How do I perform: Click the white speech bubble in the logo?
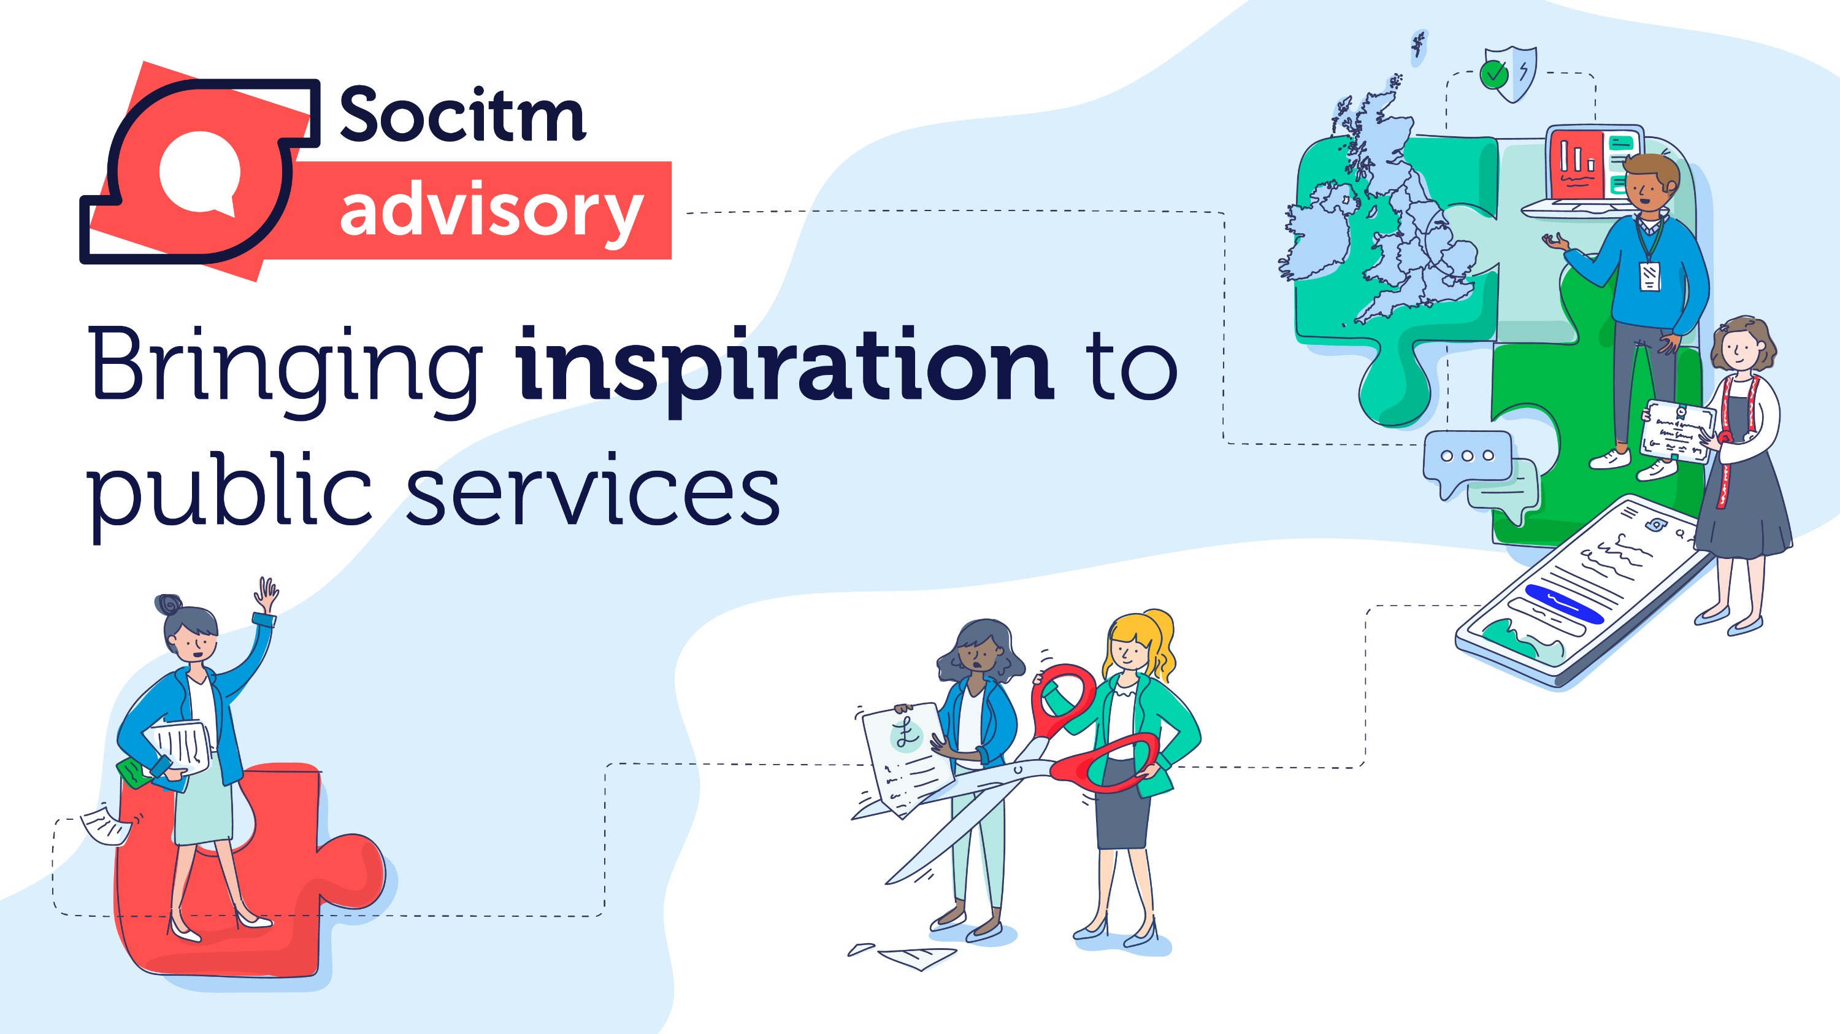point(199,172)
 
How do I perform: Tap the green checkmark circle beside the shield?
point(1493,74)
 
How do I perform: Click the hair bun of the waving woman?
point(169,604)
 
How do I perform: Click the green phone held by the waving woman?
point(133,774)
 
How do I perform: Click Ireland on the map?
point(1318,230)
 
